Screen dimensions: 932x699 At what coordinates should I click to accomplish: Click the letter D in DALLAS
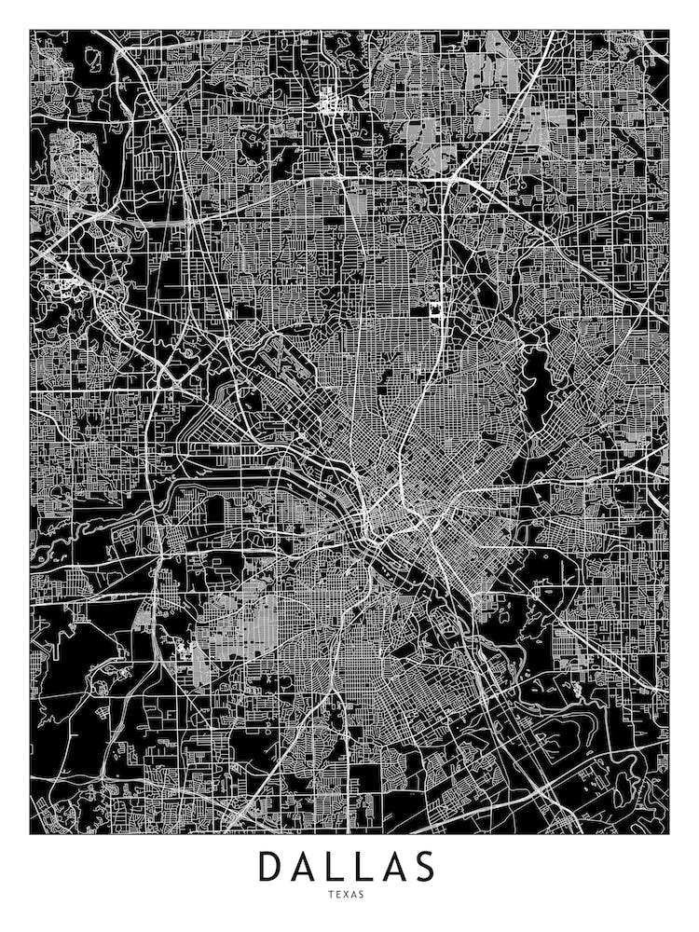[271, 866]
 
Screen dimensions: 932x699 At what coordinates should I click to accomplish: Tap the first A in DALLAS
[306, 866]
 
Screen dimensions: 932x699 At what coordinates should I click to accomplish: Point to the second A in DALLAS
[393, 866]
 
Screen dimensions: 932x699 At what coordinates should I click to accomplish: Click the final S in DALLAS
[425, 866]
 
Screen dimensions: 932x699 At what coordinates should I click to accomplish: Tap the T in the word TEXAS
[331, 895]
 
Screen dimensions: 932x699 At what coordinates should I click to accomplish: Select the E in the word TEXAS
[339, 895]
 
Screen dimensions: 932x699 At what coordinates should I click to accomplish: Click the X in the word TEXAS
[349, 895]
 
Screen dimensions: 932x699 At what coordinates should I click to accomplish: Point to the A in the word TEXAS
[358, 895]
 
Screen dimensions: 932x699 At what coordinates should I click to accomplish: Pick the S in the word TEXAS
[367, 895]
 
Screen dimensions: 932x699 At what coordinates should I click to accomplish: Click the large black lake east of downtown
[535, 377]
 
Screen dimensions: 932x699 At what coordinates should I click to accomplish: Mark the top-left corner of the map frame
[30, 30]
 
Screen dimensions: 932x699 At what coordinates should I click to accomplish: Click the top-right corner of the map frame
[669, 30]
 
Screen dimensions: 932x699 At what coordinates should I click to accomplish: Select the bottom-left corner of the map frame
[30, 833]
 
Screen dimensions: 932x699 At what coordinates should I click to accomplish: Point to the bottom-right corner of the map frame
[669, 833]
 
